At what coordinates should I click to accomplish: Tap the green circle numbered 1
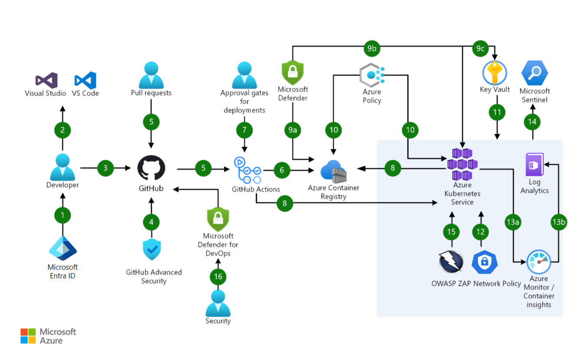pyautogui.click(x=62, y=215)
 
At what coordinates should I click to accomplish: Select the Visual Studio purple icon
pyautogui.click(x=46, y=80)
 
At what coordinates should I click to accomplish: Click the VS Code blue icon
pyautogui.click(x=85, y=80)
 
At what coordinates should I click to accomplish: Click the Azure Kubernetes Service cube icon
pyautogui.click(x=462, y=164)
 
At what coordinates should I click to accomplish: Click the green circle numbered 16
pyautogui.click(x=218, y=276)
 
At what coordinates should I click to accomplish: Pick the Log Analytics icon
pyautogui.click(x=534, y=164)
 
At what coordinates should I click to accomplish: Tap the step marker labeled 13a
pyautogui.click(x=512, y=222)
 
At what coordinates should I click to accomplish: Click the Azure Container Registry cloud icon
pyautogui.click(x=333, y=172)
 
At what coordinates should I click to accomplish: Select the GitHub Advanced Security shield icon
pyautogui.click(x=151, y=249)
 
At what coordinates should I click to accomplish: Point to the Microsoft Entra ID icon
pyautogui.click(x=62, y=249)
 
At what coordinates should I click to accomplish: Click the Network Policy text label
pyautogui.click(x=497, y=284)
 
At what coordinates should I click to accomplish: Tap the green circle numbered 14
pyautogui.click(x=532, y=122)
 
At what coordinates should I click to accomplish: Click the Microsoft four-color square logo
pyautogui.click(x=28, y=336)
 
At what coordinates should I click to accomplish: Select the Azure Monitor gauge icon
pyautogui.click(x=539, y=262)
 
